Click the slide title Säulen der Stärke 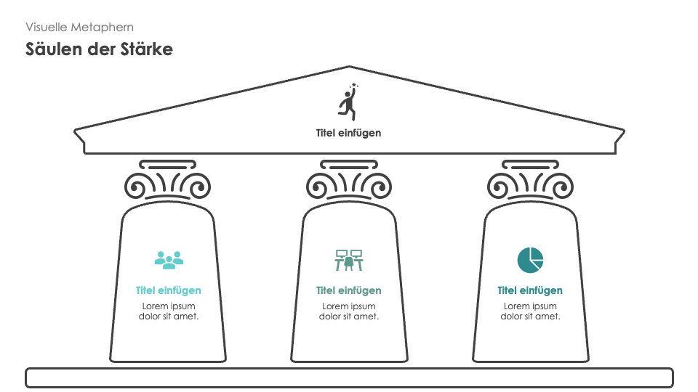[99, 49]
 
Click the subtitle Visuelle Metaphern [79, 27]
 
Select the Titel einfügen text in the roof [348, 133]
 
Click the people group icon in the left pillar [169, 259]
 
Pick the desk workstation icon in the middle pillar [349, 259]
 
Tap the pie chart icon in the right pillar [530, 259]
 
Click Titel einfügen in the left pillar [168, 290]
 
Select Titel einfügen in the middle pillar [348, 290]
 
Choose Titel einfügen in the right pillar [530, 290]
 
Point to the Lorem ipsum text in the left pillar [168, 311]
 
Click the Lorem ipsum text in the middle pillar [348, 311]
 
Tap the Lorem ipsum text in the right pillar [530, 311]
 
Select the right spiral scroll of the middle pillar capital [380, 187]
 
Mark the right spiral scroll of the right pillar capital [561, 187]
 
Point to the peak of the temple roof [350, 68]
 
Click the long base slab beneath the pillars [349, 377]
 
